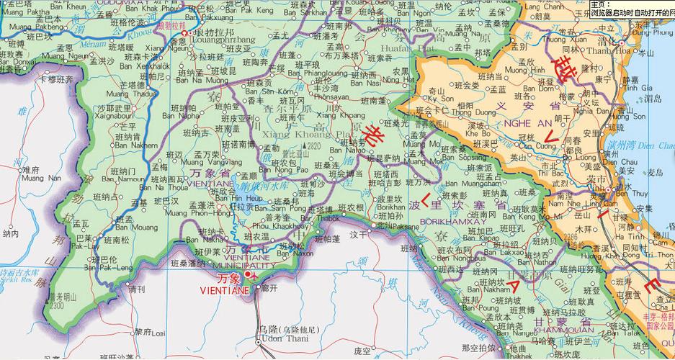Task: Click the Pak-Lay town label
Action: click(x=86, y=246)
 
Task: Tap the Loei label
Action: click(x=156, y=334)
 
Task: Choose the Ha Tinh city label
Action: click(x=632, y=235)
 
